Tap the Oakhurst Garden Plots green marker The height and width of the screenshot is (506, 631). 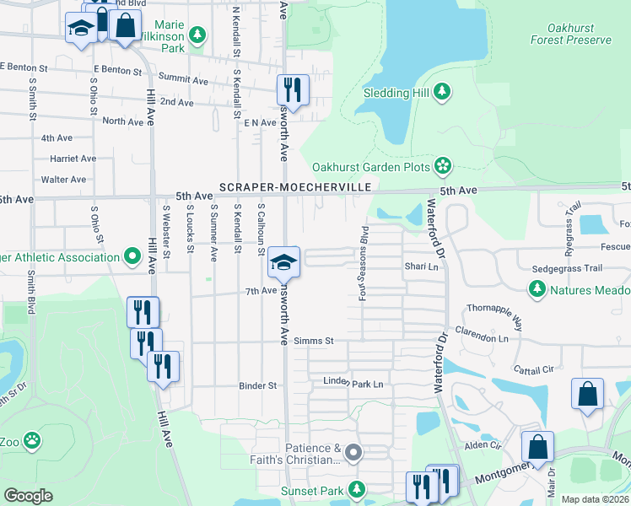tap(441, 166)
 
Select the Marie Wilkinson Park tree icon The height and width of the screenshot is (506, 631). tap(197, 35)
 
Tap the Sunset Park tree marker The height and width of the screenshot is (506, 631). tap(357, 488)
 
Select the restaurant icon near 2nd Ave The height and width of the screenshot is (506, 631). tap(293, 89)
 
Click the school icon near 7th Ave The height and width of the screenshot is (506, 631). tap(283, 262)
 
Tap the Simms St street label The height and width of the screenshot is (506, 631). tap(315, 341)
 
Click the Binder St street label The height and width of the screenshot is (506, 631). tap(260, 385)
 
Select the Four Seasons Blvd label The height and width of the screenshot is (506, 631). tap(364, 262)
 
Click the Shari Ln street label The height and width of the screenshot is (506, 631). tap(423, 266)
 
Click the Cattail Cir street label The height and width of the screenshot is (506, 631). tap(533, 369)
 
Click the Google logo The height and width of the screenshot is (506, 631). tap(28, 496)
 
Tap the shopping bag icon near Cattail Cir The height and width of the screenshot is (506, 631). tap(587, 395)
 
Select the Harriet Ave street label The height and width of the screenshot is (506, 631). tap(73, 159)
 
